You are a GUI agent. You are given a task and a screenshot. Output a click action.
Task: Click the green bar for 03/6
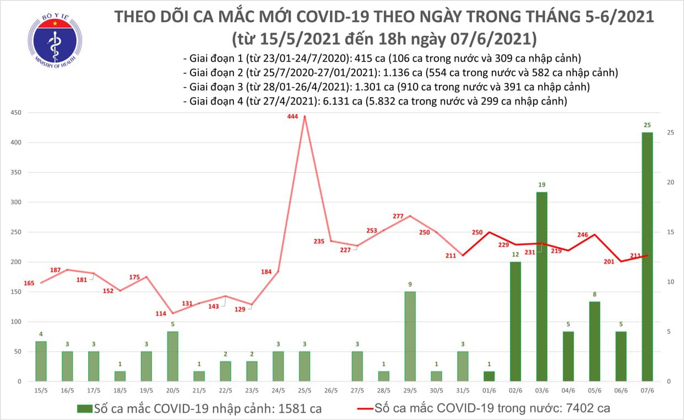click(x=541, y=286)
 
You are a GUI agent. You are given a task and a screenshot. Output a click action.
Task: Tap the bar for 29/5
click(x=410, y=336)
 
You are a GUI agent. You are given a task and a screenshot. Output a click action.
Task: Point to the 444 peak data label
click(x=293, y=117)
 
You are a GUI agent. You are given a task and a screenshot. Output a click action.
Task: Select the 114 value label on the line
click(x=161, y=314)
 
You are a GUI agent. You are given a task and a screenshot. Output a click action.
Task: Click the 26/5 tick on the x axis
click(x=331, y=391)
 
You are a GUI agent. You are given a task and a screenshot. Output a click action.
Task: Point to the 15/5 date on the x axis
click(x=41, y=391)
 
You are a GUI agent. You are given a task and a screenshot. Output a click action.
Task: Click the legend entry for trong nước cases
click(x=485, y=408)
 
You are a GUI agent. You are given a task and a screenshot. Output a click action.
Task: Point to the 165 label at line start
click(x=29, y=283)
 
